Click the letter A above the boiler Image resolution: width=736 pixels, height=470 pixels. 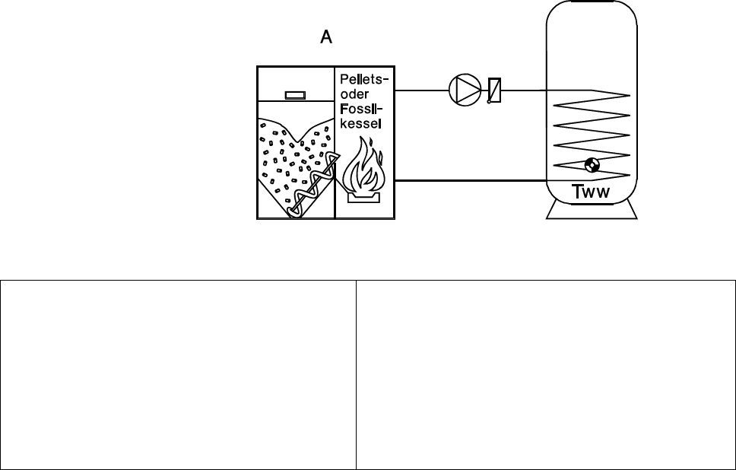click(x=326, y=37)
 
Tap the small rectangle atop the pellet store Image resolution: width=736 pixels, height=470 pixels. click(x=294, y=95)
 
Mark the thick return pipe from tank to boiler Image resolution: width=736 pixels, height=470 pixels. click(x=471, y=181)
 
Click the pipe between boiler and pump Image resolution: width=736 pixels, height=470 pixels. click(x=422, y=90)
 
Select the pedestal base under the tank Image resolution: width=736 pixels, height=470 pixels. click(x=592, y=211)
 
